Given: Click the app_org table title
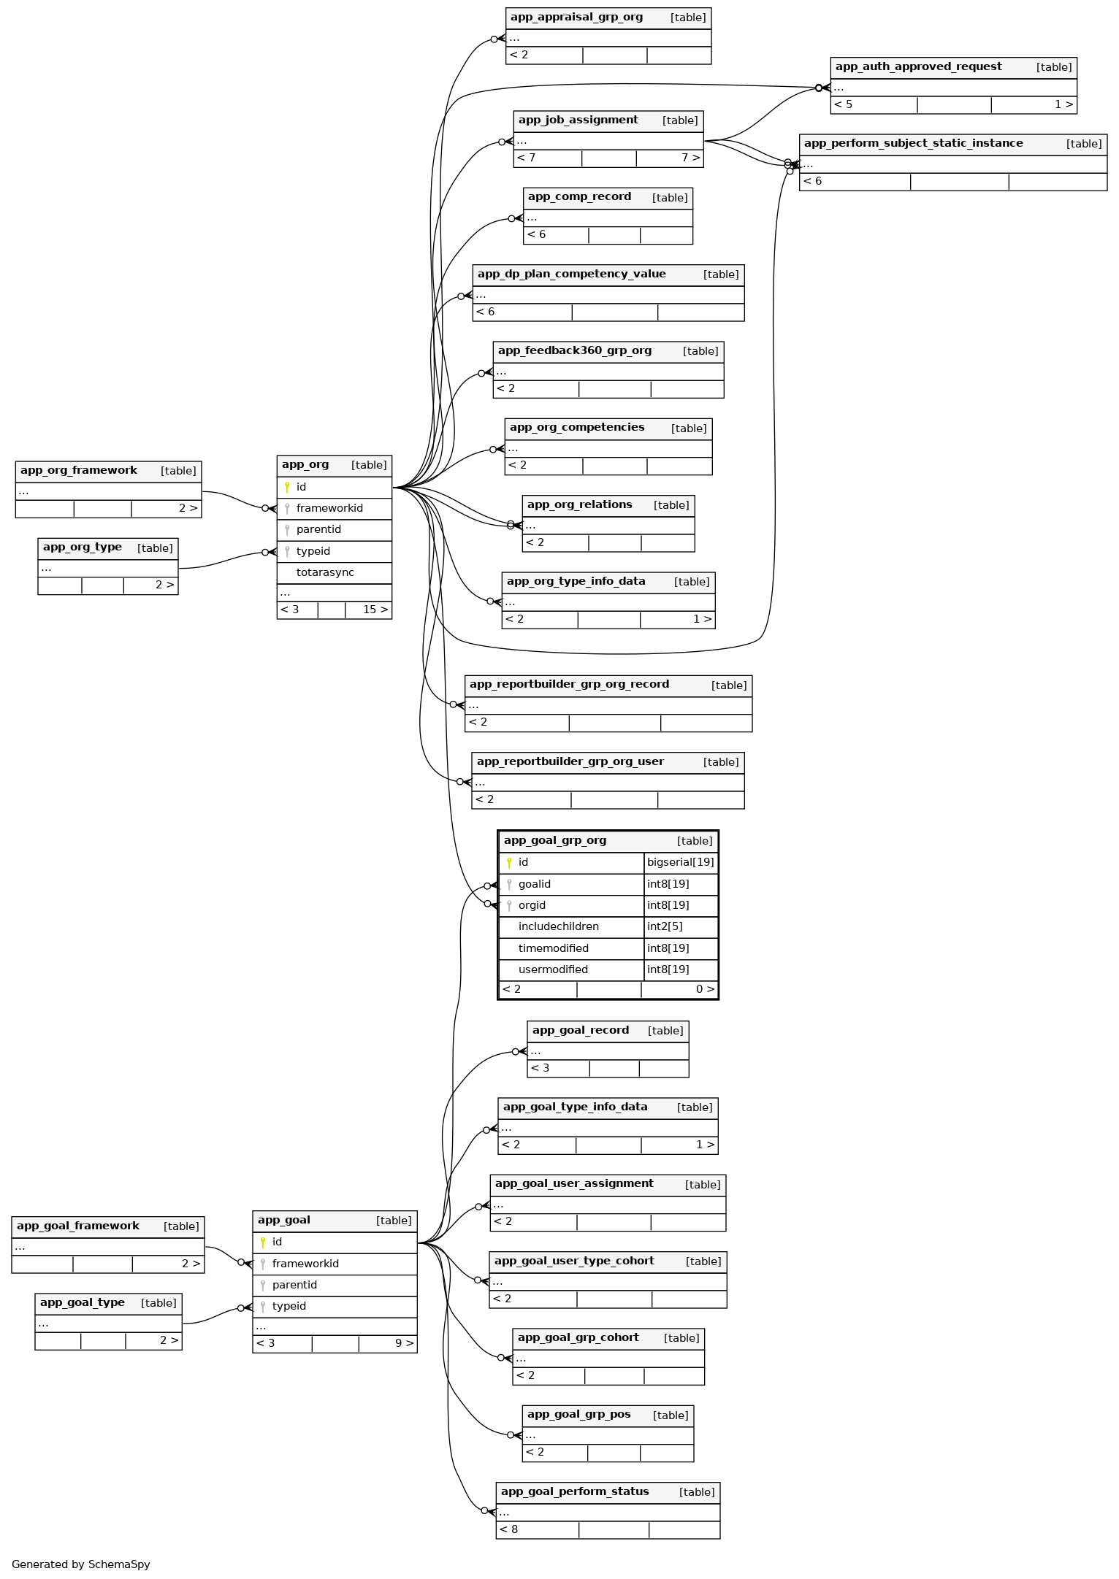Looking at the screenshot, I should (305, 465).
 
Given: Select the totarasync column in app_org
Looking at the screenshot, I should (325, 573).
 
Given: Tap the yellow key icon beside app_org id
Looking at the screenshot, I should (287, 488).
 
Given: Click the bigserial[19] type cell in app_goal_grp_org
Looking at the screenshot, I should (680, 863).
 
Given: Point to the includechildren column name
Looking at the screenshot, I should (558, 927).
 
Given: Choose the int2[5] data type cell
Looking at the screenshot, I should (665, 927).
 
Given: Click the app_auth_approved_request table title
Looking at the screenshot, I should (918, 67).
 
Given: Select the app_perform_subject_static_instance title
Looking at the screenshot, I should (913, 144).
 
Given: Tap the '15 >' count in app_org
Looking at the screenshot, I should (375, 610).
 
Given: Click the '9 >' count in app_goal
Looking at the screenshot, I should (404, 1343).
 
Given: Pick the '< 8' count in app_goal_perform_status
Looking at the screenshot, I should (509, 1529).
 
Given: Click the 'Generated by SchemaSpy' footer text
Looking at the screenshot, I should (81, 1564).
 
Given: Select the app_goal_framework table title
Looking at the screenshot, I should (78, 1226).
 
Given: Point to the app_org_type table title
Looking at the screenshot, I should (83, 548).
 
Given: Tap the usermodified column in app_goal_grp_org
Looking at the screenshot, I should (553, 970).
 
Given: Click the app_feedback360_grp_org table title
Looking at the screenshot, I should (574, 351).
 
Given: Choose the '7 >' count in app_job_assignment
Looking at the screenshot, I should (690, 158).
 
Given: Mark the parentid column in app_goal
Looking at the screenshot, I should (294, 1285).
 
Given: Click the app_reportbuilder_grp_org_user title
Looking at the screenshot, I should (570, 762).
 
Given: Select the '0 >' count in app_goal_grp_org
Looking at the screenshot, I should (705, 990).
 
